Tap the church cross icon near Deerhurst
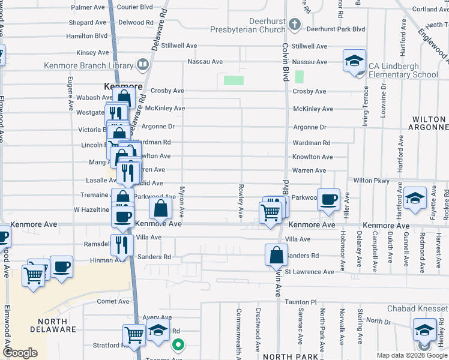pos(294,25)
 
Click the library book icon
pos(143,64)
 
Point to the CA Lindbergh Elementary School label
pos(403,70)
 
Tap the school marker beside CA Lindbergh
pos(354,61)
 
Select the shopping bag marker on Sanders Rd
pos(276,254)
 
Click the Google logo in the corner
pos(20,353)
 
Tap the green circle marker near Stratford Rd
pos(178,344)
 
